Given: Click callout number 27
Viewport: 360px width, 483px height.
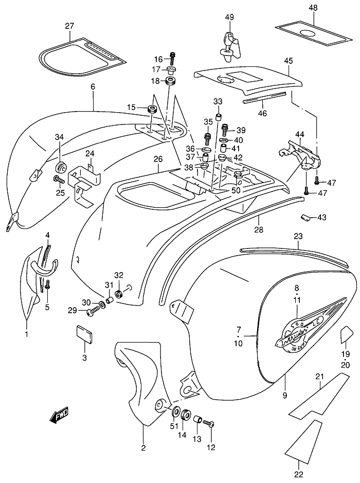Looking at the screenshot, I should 70,26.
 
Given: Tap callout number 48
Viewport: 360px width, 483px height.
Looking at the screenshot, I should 313,8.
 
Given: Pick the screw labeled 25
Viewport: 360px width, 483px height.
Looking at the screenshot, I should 58,180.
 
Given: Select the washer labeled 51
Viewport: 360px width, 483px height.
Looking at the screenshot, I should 175,412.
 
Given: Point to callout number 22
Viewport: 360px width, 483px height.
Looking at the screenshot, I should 299,474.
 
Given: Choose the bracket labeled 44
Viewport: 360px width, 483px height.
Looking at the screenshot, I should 300,153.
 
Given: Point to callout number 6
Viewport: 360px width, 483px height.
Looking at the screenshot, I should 93,87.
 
